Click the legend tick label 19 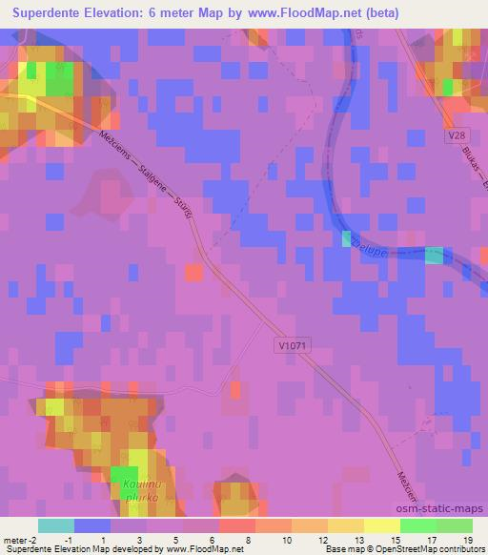[468, 542]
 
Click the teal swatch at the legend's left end [55, 525]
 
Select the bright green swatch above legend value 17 [418, 525]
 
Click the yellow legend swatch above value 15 [382, 525]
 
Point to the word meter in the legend [13, 542]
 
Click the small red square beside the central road [193, 274]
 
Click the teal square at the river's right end [434, 257]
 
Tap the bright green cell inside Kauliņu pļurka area [123, 477]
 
